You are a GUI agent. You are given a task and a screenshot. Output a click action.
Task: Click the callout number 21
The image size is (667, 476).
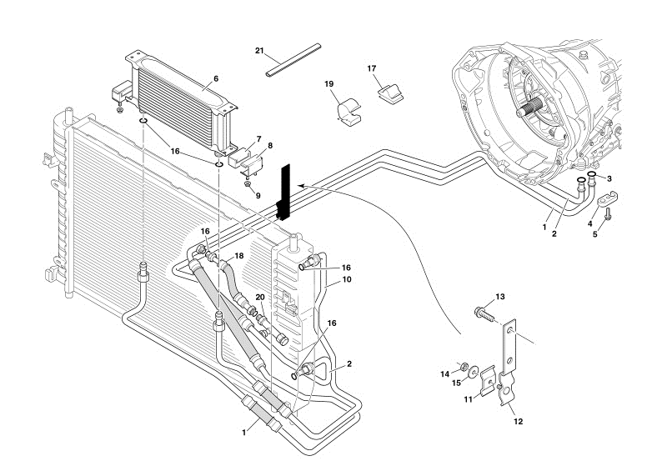[x=259, y=52]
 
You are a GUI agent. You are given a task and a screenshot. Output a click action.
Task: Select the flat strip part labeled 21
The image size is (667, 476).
[x=293, y=59]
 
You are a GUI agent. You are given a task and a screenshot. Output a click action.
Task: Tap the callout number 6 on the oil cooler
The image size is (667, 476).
[x=215, y=78]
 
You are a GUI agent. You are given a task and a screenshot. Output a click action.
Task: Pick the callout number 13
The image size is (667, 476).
[x=500, y=297]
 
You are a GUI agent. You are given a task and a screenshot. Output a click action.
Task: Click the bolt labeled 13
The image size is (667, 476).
[x=481, y=313]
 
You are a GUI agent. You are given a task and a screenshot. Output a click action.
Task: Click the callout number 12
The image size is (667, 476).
[x=518, y=422]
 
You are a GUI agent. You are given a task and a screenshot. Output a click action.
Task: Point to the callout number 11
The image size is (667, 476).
[x=469, y=400]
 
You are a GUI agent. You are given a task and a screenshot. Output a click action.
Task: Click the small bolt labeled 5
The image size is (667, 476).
[x=608, y=215]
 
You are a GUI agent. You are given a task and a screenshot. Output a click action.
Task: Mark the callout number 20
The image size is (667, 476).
[x=261, y=298]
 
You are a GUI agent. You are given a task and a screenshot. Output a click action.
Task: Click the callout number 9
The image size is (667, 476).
[x=258, y=196]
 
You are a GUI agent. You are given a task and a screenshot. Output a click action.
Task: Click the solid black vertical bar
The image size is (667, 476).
[x=284, y=192]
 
